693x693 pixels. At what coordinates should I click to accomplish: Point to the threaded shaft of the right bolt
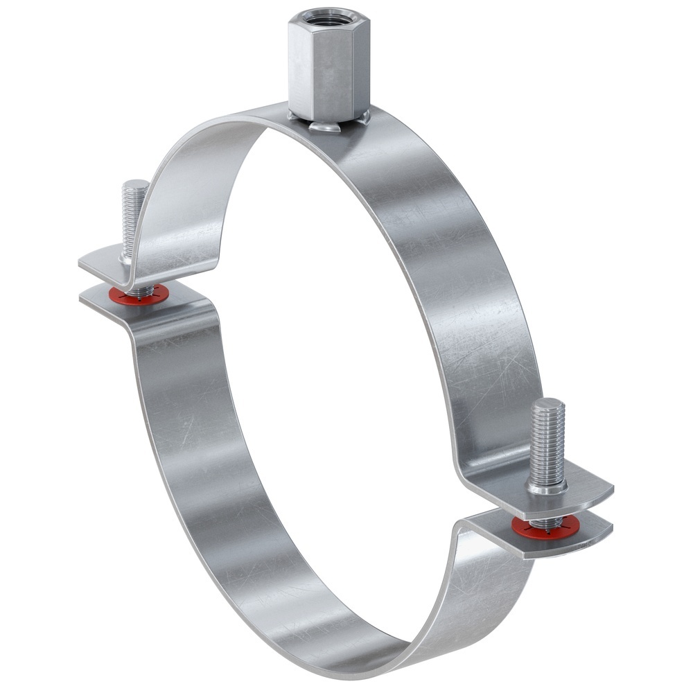(547, 444)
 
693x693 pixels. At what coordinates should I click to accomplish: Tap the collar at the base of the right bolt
(547, 486)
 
